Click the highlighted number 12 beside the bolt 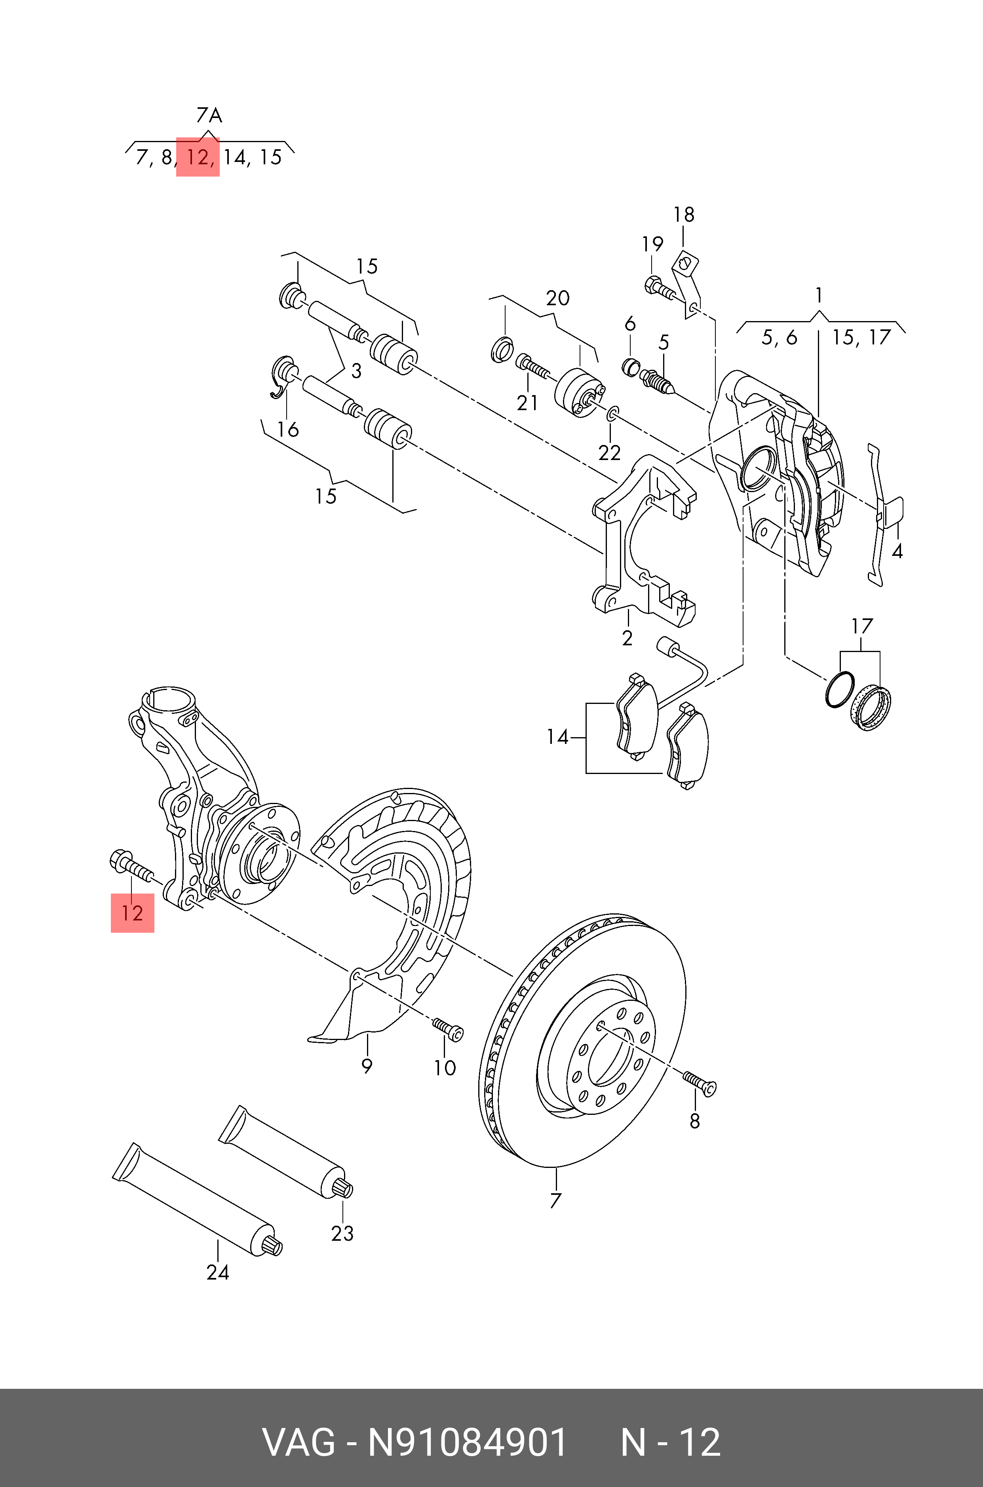pyautogui.click(x=132, y=913)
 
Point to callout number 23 pyautogui.click(x=342, y=1234)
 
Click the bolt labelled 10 pyautogui.click(x=448, y=1028)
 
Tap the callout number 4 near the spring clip pyautogui.click(x=897, y=551)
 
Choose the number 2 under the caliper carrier pyautogui.click(x=627, y=638)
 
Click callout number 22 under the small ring pyautogui.click(x=609, y=453)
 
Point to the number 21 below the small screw pyautogui.click(x=527, y=403)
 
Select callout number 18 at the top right pyautogui.click(x=684, y=215)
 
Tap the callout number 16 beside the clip pyautogui.click(x=288, y=430)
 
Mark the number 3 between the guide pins pyautogui.click(x=356, y=371)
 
